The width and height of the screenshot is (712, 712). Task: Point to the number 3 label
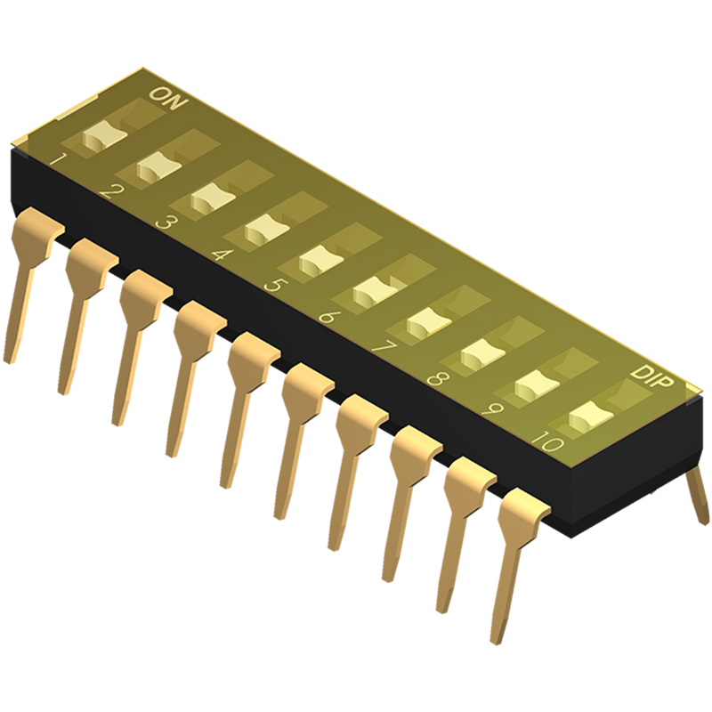tap(164, 223)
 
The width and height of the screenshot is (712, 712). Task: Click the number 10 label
tap(548, 441)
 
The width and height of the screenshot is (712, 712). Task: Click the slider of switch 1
tap(104, 136)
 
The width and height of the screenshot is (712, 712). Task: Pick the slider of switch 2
tap(158, 167)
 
